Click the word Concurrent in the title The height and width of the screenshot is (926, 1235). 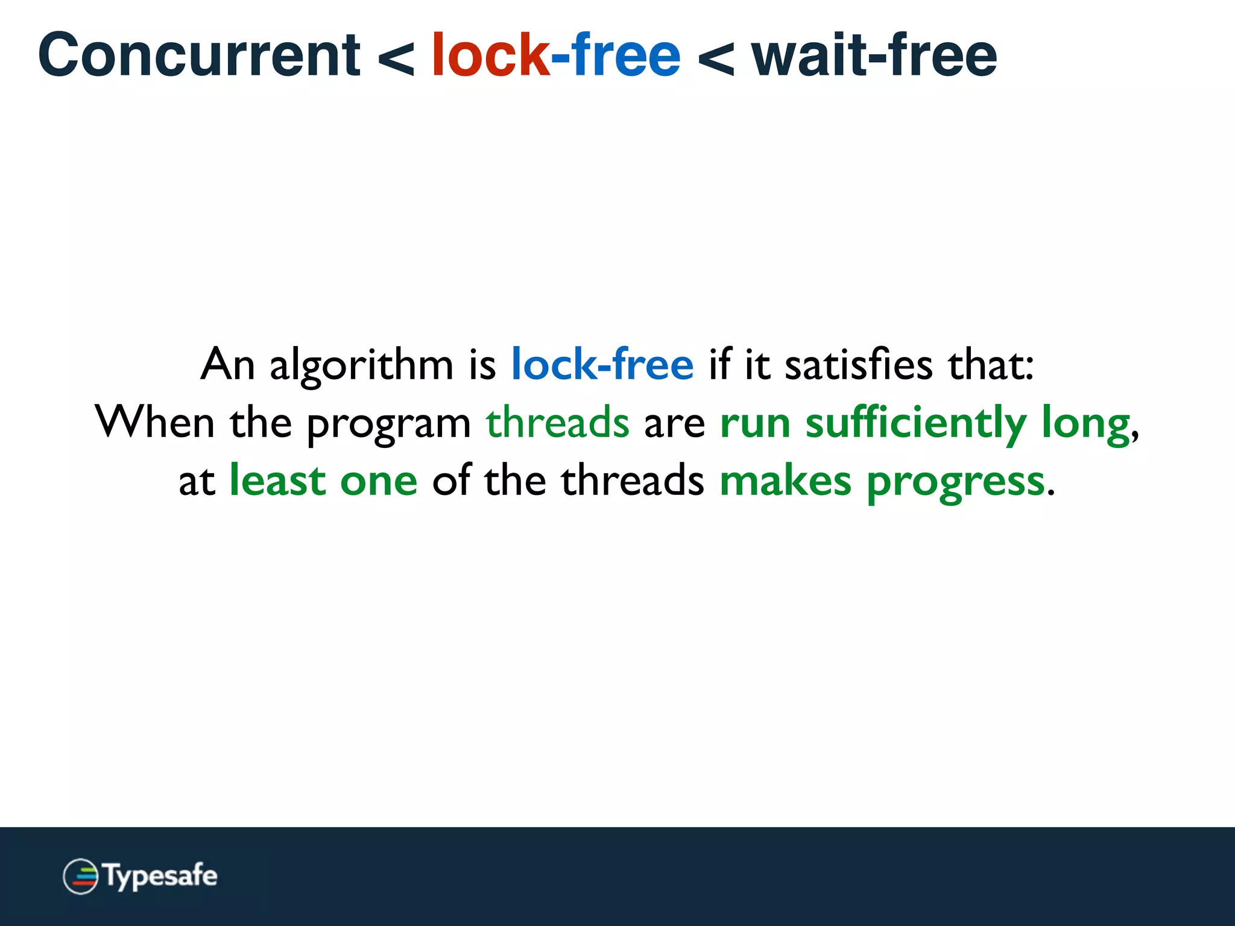pyautogui.click(x=199, y=55)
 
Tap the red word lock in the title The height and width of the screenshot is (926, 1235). pyautogui.click(x=490, y=55)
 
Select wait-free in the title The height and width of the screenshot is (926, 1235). pyautogui.click(x=874, y=55)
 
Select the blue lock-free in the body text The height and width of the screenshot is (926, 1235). pyautogui.click(x=602, y=365)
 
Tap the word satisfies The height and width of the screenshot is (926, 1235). pyautogui.click(x=858, y=365)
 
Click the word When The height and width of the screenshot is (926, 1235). pyautogui.click(x=154, y=422)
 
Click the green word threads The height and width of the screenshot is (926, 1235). pyautogui.click(x=557, y=422)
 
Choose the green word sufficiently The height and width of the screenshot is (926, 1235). pyautogui.click(x=915, y=424)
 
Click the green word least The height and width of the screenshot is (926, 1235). pyautogui.click(x=277, y=480)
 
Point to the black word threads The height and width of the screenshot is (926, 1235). pyautogui.click(x=632, y=480)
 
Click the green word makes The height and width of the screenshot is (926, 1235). pyautogui.click(x=785, y=481)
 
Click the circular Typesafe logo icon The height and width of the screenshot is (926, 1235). pyautogui.click(x=80, y=876)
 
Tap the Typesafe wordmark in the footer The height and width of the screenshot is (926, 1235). pyautogui.click(x=160, y=877)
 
